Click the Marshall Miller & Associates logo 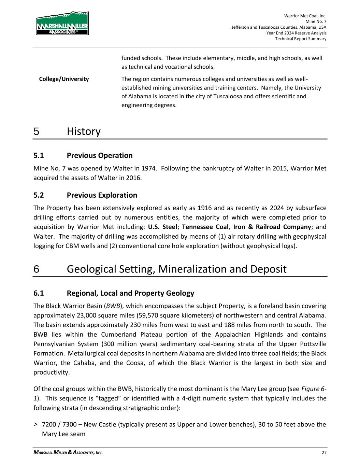(62, 23)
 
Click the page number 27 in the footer (324, 453)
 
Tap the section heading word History (84, 131)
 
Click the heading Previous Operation (100, 156)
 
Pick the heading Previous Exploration (102, 195)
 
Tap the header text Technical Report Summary (301, 39)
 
